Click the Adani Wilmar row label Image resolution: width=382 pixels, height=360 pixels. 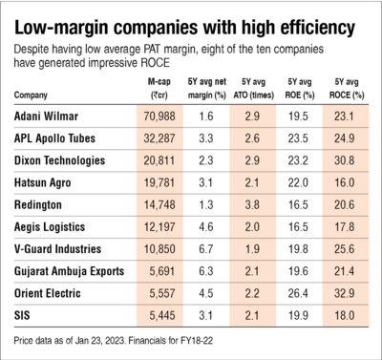46,115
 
